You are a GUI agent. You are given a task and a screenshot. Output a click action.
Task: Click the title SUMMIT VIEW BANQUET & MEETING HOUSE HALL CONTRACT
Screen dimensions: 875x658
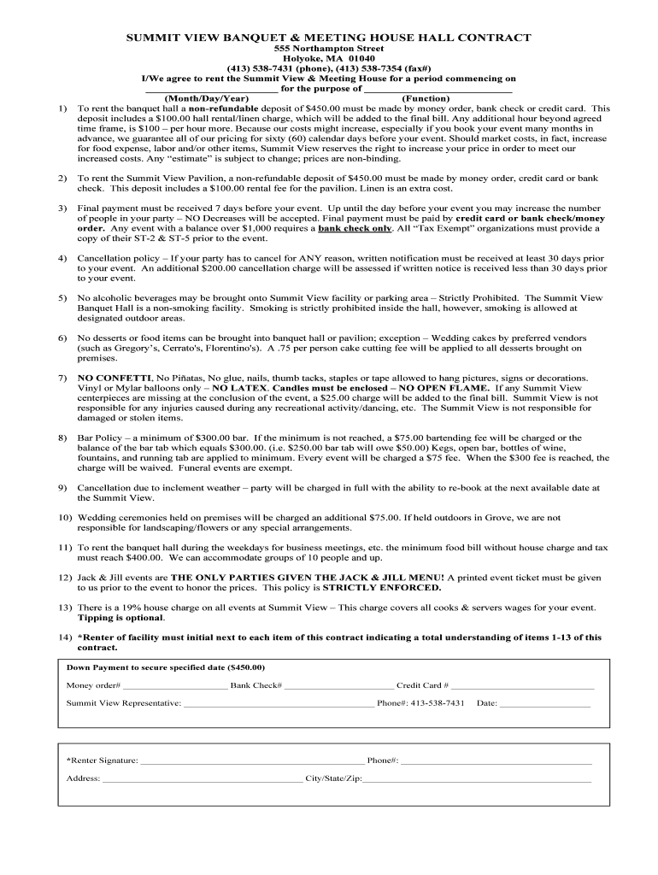(x=329, y=38)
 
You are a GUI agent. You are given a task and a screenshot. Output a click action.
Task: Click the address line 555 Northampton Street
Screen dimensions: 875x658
(x=329, y=50)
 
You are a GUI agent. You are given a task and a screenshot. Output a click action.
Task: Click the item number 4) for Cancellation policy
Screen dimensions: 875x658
(x=63, y=257)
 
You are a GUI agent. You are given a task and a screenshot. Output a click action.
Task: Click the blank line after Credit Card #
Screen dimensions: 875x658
(x=522, y=686)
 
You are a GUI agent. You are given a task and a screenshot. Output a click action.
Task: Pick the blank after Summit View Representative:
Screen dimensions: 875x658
(x=279, y=704)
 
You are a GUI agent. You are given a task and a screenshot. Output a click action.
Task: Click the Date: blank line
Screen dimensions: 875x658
(x=544, y=704)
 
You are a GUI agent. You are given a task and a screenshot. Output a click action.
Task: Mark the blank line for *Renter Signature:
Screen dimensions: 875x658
(x=251, y=760)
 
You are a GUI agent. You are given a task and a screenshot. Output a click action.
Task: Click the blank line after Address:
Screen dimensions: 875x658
(x=203, y=779)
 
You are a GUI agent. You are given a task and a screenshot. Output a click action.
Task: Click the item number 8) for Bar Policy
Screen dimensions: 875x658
(x=63, y=437)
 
